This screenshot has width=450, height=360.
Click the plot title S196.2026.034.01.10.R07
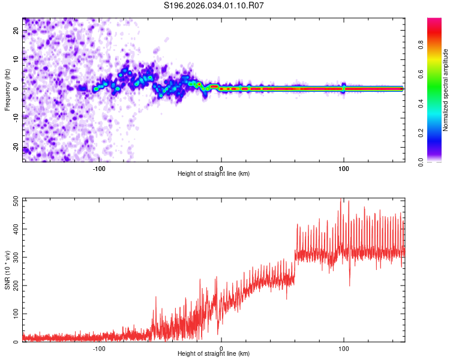pos(214,5)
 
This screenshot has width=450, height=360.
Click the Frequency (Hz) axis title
pos(8,89)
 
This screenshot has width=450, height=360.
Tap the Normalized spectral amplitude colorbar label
pos(446,90)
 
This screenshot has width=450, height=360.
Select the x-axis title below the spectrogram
pos(214,174)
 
